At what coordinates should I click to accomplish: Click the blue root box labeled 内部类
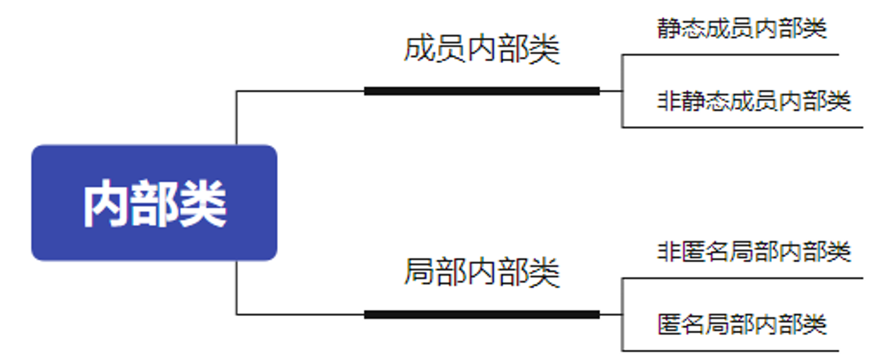click(154, 203)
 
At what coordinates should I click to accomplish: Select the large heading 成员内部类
click(482, 50)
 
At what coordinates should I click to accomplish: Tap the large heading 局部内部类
click(482, 272)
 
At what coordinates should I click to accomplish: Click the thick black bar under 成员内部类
click(482, 91)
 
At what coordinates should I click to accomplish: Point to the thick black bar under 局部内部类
click(482, 315)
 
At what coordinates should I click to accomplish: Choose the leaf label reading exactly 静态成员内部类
click(742, 28)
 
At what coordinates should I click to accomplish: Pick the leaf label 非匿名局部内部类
click(754, 252)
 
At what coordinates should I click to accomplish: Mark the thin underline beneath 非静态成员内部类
click(742, 127)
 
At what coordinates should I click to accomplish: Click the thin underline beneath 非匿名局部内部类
click(742, 278)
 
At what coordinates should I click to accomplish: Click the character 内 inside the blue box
click(105, 204)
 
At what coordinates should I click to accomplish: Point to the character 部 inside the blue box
click(154, 204)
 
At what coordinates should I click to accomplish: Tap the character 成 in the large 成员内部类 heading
click(419, 50)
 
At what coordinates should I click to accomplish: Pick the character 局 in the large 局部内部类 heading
click(419, 272)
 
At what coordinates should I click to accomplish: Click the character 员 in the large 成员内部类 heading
click(450, 50)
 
